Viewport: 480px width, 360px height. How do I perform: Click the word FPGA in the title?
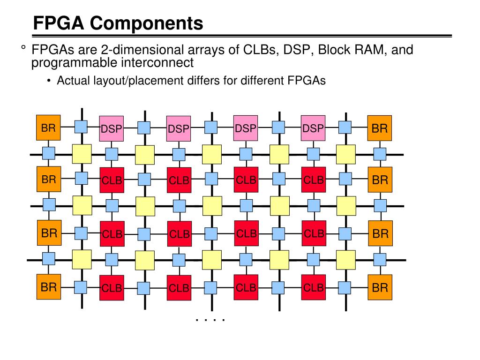59,23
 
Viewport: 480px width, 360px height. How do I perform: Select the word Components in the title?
146,23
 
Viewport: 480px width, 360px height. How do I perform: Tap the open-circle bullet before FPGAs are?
23,47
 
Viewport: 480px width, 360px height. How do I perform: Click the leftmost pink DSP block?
112,128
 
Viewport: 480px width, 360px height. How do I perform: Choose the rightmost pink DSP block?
313,128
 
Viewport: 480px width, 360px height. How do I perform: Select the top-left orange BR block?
48,127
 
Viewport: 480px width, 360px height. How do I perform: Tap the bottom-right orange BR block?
380,287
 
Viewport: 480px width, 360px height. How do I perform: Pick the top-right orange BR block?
380,128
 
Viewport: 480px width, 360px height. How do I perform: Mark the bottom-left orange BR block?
49,287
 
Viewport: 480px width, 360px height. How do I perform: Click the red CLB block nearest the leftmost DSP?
112,180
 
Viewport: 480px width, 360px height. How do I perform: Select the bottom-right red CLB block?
314,287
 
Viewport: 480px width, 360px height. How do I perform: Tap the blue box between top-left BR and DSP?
81,127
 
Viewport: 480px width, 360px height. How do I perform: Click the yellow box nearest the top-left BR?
82,154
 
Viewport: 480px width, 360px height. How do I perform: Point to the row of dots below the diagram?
210,320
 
